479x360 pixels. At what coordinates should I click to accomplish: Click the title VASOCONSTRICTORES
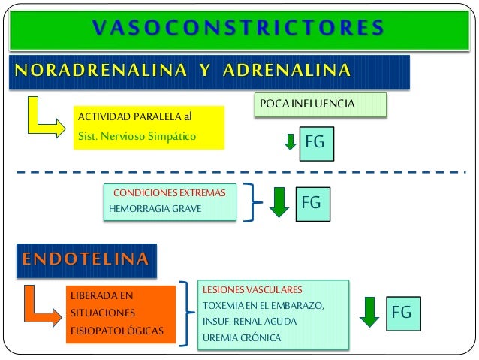(x=239, y=28)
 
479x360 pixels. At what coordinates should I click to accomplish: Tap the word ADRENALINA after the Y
(x=285, y=71)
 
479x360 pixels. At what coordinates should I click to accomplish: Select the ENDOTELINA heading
(x=85, y=260)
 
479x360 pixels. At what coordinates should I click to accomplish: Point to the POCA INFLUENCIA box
(x=321, y=103)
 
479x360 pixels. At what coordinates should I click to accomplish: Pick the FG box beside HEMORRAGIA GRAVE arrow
(x=312, y=202)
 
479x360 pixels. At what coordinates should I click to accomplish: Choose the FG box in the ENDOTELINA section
(x=402, y=311)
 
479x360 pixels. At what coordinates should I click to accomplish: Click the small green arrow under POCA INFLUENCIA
(x=291, y=141)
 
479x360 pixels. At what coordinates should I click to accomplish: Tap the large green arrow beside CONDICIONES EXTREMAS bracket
(x=279, y=201)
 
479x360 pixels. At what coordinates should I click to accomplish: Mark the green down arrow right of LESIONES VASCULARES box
(x=369, y=311)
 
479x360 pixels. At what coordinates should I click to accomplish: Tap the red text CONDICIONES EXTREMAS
(x=169, y=192)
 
